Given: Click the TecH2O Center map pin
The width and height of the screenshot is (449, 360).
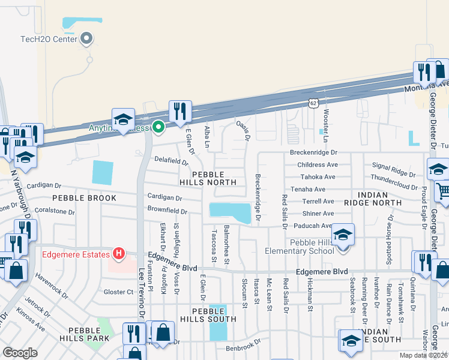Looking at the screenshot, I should pyautogui.click(x=87, y=39).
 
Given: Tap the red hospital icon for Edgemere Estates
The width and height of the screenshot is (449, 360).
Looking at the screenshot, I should pyautogui.click(x=119, y=254).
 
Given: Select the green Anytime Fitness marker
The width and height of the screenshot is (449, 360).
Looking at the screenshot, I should pyautogui.click(x=158, y=127).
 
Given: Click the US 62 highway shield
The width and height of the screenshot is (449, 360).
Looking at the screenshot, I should pyautogui.click(x=313, y=103).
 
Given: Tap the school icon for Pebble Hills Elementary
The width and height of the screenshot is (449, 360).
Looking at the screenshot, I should pyautogui.click(x=342, y=235).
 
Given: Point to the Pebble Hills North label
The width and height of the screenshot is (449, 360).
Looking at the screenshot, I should pyautogui.click(x=209, y=177).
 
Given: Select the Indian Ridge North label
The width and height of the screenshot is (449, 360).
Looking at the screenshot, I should pyautogui.click(x=379, y=199).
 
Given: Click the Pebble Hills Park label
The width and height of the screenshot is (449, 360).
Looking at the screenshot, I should pyautogui.click(x=88, y=334).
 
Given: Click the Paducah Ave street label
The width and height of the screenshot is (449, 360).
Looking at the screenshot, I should pyautogui.click(x=313, y=226).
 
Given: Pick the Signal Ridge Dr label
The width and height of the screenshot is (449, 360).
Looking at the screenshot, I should pyautogui.click(x=394, y=173).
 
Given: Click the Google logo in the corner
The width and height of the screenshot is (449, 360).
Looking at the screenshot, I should pyautogui.click(x=20, y=352).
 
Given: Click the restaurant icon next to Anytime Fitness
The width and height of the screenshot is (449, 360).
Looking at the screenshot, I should pyautogui.click(x=180, y=112).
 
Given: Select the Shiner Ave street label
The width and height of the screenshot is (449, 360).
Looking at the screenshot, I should pyautogui.click(x=319, y=214).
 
